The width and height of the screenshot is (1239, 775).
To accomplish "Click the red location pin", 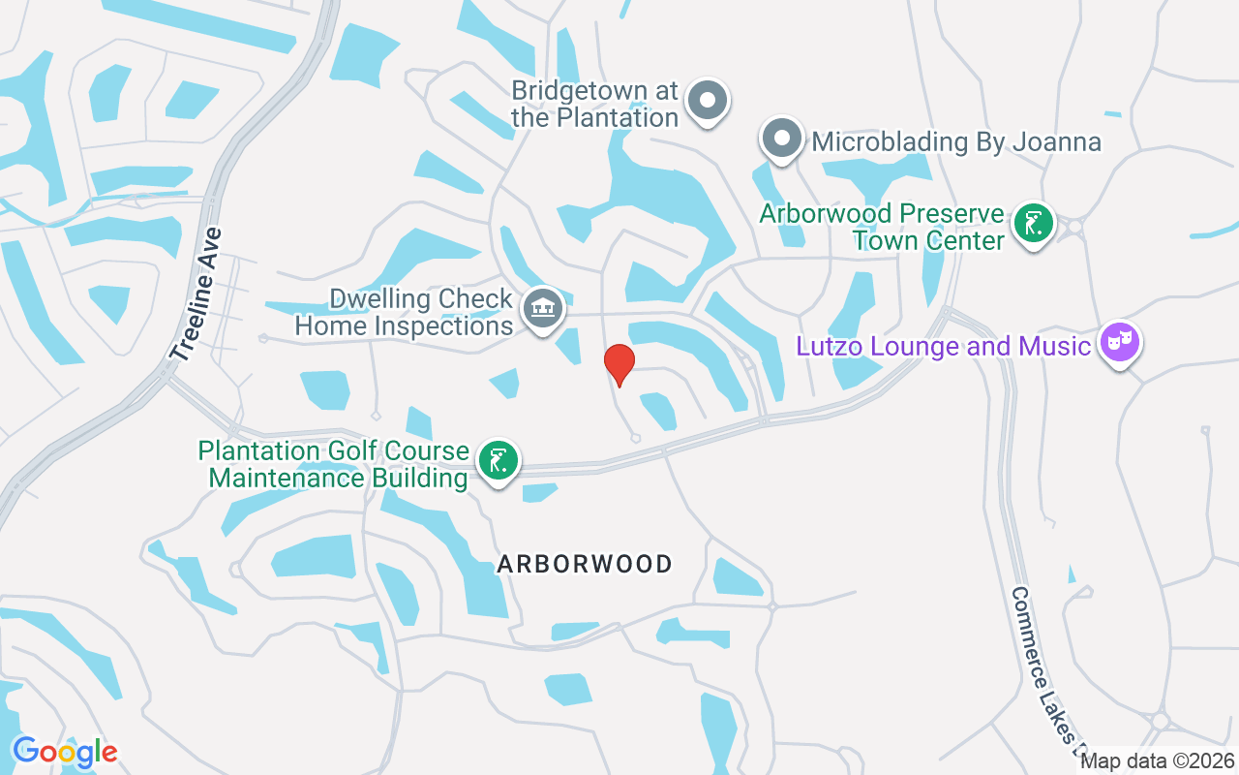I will (619, 363).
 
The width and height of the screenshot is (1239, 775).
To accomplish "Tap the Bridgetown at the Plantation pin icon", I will (708, 100).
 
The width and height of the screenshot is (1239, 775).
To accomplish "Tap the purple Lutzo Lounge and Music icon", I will (1121, 342).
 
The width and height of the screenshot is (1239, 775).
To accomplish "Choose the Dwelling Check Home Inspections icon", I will (543, 309).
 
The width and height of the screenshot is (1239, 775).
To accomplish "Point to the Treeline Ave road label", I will (196, 294).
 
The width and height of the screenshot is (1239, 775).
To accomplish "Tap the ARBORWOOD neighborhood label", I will (585, 564).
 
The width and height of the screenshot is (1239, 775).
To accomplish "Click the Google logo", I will (65, 751).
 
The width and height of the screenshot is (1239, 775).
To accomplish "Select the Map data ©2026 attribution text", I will (1157, 761).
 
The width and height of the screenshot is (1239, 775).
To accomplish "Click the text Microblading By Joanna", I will (956, 142).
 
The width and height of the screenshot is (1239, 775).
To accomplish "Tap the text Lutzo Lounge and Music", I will (943, 346).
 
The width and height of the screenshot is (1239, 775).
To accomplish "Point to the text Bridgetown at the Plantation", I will (594, 105).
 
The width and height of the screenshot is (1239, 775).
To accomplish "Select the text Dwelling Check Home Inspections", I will (405, 312).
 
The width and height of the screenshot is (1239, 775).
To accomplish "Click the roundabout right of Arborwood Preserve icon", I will (1072, 229).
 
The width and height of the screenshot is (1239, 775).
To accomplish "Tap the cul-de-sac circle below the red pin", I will (635, 438).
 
